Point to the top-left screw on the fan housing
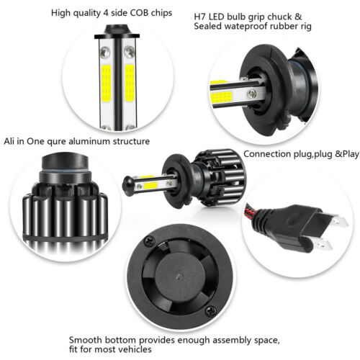[149, 240]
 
